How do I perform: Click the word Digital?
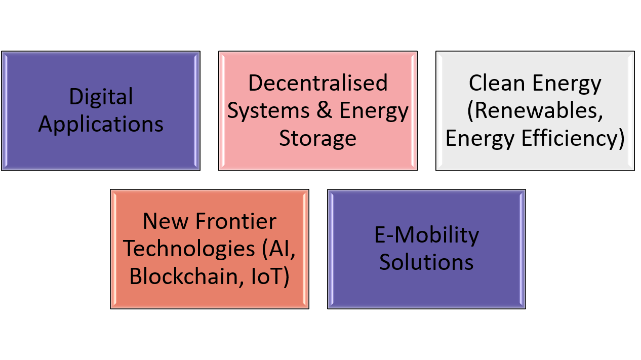(101, 97)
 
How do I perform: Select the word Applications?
(101, 125)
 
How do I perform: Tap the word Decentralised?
(318, 83)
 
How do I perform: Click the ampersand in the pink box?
(325, 110)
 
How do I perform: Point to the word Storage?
(317, 139)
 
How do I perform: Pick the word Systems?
(268, 111)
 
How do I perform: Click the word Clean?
(497, 83)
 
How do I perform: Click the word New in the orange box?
(166, 221)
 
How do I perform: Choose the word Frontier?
(236, 221)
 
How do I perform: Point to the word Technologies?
(189, 249)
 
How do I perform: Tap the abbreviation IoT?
(267, 276)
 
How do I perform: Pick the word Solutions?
(426, 262)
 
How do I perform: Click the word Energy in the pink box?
(374, 111)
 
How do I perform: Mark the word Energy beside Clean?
(567, 84)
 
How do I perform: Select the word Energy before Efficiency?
(480, 139)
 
